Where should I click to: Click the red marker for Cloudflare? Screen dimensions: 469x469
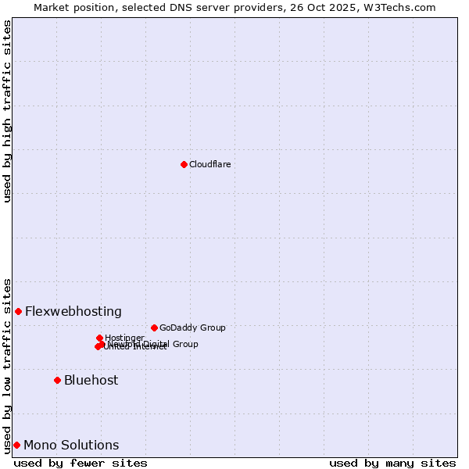click(x=184, y=164)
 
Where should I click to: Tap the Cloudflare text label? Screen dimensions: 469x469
click(x=209, y=164)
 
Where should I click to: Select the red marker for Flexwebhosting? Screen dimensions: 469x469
click(x=18, y=311)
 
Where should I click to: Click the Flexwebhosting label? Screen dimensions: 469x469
click(x=73, y=311)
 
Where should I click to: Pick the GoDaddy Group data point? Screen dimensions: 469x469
click(x=154, y=328)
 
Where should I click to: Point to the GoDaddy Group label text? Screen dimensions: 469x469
click(x=192, y=328)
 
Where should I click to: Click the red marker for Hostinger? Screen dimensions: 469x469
click(x=99, y=338)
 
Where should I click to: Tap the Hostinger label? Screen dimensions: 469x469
click(x=124, y=338)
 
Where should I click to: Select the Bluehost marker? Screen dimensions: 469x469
click(x=57, y=380)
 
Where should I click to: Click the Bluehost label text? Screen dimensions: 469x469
click(x=91, y=380)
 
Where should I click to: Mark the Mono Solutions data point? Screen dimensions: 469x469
click(x=16, y=445)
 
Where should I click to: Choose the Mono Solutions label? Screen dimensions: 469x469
click(x=71, y=445)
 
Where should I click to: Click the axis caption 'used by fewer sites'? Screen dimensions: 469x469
click(x=81, y=463)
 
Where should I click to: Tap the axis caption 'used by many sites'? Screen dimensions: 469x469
click(x=392, y=463)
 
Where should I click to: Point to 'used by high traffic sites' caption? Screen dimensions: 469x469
click(x=7, y=111)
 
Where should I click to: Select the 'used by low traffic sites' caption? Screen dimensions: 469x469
click(x=7, y=365)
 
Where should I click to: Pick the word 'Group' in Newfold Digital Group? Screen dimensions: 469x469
click(x=185, y=344)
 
